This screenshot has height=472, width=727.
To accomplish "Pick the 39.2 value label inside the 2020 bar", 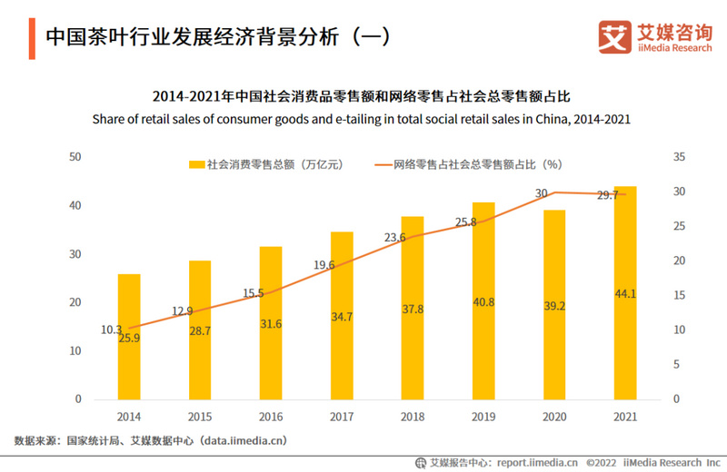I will coord(554,307).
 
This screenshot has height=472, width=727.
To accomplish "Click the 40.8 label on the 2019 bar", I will coord(483,302).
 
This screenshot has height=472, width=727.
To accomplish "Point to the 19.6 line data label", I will coord(324,265).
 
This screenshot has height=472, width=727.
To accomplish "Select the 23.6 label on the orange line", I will coord(394,238).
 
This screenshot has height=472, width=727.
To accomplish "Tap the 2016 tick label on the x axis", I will coord(271,417).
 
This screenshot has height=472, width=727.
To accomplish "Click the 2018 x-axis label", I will coord(413,417).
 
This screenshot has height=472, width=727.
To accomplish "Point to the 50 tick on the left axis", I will coord(76,157).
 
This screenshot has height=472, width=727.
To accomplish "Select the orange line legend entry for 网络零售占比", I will coord(383,165).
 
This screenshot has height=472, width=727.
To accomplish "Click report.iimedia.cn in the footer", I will coord(524,461).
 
